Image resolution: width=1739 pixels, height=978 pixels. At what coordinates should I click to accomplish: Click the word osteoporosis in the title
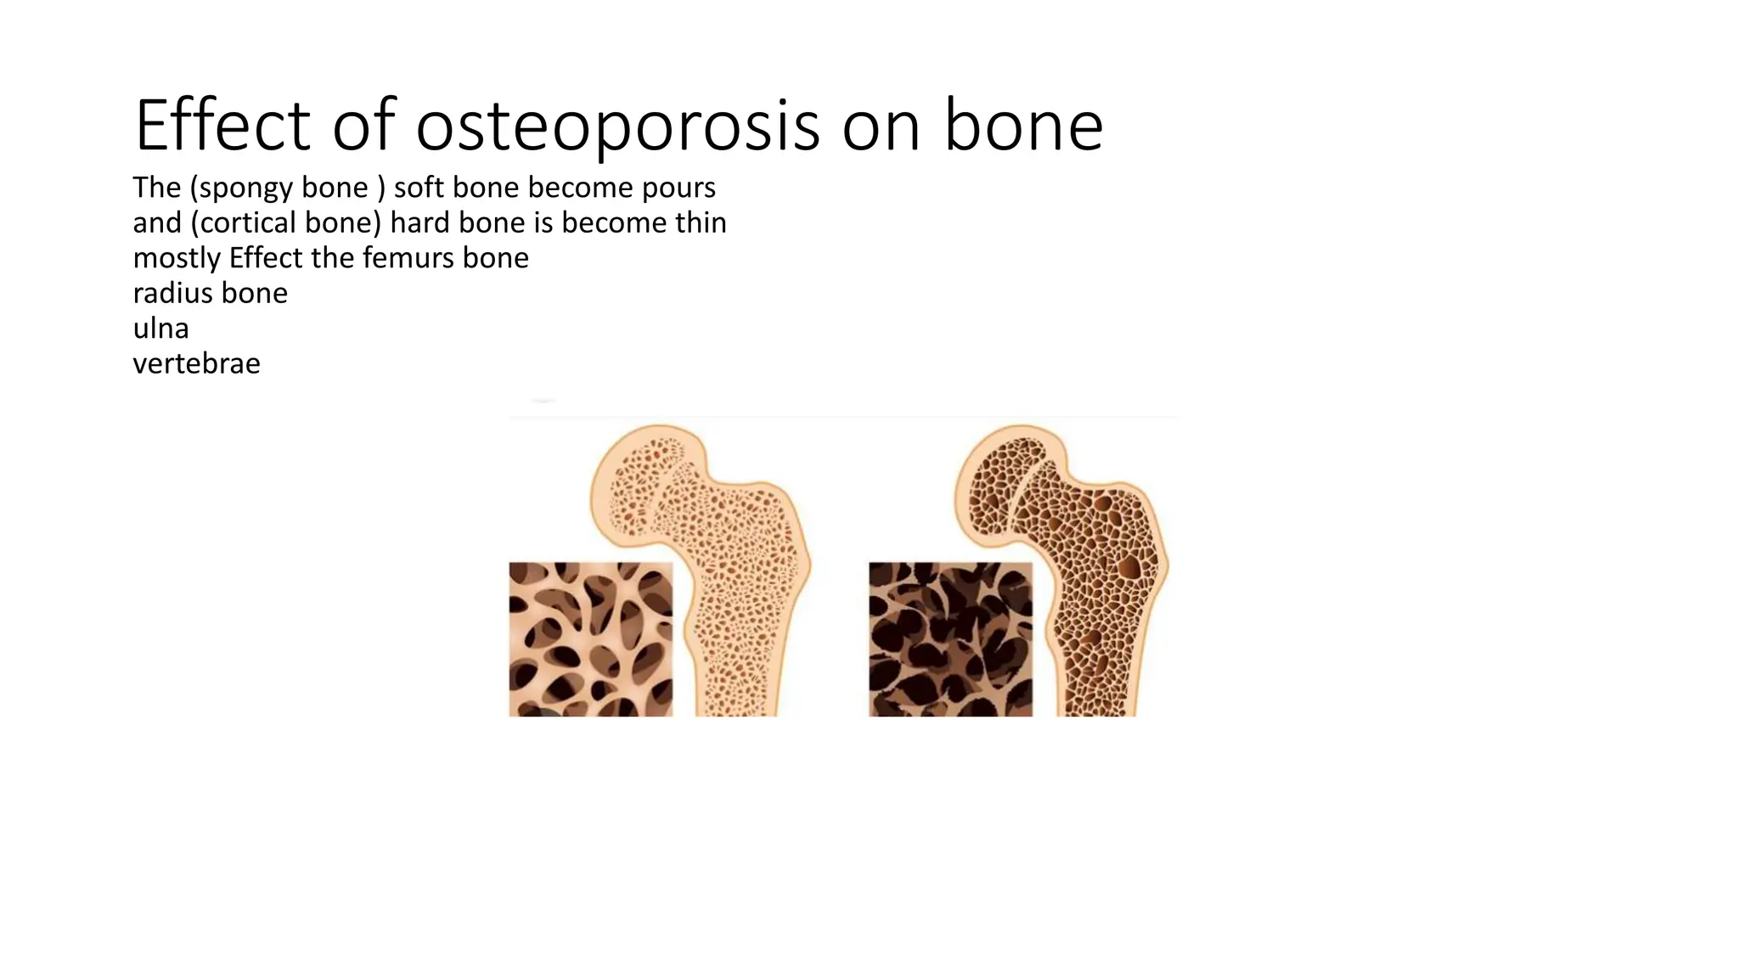point(617,126)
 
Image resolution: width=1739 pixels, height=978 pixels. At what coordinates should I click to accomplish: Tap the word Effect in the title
point(222,126)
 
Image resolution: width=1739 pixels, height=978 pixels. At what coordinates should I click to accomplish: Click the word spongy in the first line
point(246,188)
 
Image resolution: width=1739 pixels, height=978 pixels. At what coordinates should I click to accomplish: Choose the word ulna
point(160,329)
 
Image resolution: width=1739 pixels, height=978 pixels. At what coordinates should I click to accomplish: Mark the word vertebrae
point(196,363)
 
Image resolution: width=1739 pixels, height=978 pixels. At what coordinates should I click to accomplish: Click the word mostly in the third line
point(177,258)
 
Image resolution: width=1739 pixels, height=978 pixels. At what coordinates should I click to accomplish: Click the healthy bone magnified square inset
point(590,638)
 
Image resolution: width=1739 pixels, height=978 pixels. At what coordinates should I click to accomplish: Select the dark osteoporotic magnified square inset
point(950,638)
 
